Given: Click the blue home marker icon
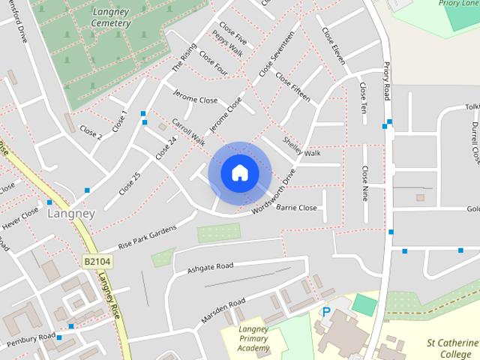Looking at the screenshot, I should point(239,172).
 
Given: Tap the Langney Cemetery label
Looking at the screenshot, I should point(109,17).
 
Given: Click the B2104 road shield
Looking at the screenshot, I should point(96,259).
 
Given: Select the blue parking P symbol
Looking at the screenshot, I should point(325,311).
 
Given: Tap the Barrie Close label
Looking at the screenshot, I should point(298,206).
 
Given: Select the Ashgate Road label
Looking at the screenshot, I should point(211,267).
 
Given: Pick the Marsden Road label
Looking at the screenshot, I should point(223,310).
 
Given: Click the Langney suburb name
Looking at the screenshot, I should point(71,214).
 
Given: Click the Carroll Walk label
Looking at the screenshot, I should point(188,130).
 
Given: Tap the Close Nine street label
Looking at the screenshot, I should point(365,184).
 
